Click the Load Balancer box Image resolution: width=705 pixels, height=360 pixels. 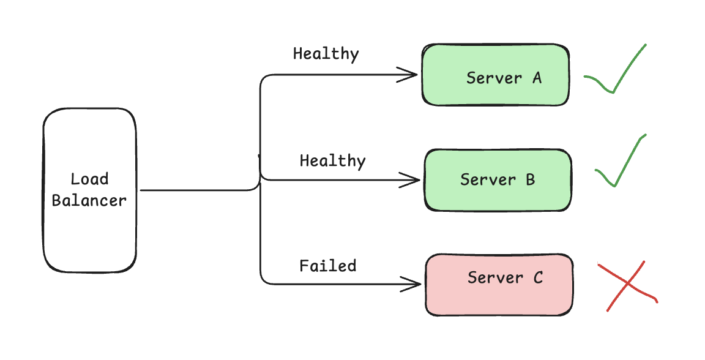pos(90,190)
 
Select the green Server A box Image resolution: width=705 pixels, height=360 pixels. pos(496,75)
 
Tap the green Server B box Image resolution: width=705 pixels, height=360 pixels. pos(498,180)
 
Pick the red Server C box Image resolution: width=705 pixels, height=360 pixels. pos(499,285)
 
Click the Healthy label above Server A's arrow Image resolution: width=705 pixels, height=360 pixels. pos(326,54)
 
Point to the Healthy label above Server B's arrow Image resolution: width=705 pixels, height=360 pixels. pos(333,161)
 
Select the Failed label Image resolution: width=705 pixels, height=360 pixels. pos(328,266)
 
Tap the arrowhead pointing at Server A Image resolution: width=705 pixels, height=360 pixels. pos(408,75)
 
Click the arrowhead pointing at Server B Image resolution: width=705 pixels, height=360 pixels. pos(409,180)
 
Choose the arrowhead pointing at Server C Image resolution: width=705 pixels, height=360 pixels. pos(411,285)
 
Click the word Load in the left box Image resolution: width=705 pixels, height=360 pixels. pos(89,179)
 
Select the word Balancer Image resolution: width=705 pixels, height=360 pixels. pos(89,200)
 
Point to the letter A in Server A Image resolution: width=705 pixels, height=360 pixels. pos(537,78)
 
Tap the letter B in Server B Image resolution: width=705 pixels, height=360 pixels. pos(531,179)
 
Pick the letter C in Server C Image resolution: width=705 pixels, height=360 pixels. pos(538,277)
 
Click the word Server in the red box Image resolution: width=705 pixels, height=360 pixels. pos(495,277)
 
